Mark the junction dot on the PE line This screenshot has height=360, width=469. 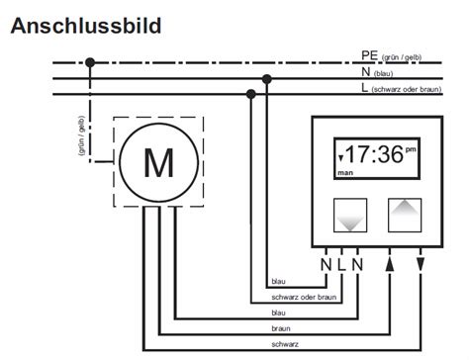91,62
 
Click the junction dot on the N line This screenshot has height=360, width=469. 266,78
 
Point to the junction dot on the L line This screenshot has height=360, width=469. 251,94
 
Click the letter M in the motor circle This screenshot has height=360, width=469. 158,162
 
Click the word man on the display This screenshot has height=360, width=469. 345,171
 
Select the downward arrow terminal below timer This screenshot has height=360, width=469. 422,263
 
